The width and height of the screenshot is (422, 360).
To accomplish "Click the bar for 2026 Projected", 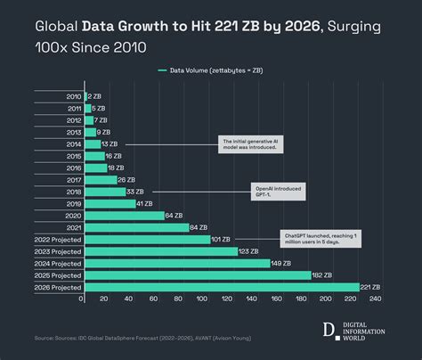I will coord(218,287).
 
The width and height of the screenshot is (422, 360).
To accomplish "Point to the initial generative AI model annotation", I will coord(251,143).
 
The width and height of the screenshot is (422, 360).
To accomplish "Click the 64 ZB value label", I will coord(174,215).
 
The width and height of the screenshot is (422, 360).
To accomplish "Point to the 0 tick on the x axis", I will coord(82,299).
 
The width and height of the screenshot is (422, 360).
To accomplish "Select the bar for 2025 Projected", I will coord(196,275).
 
